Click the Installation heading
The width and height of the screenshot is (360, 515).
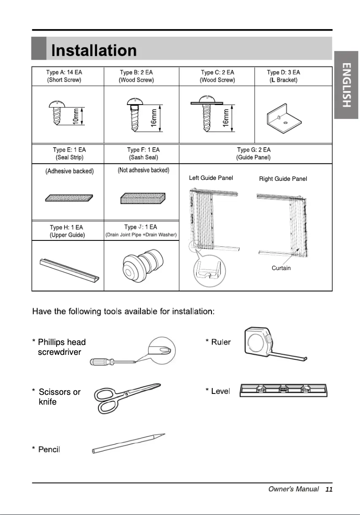coord(94,50)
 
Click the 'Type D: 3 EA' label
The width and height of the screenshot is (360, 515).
coord(283,72)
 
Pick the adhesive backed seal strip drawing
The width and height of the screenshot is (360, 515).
coord(69,198)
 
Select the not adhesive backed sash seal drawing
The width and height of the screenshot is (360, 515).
coord(143,198)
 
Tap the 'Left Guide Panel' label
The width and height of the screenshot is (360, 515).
coord(211,178)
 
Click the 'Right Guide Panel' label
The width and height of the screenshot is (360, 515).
coord(283,179)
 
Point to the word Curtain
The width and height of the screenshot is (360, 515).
coord(281,268)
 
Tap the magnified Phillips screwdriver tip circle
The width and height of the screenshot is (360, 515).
coord(162,349)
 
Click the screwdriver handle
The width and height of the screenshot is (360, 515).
coord(100,362)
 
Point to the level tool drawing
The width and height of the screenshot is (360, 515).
coord(285,391)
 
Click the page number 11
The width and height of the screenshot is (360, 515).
coord(329,489)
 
